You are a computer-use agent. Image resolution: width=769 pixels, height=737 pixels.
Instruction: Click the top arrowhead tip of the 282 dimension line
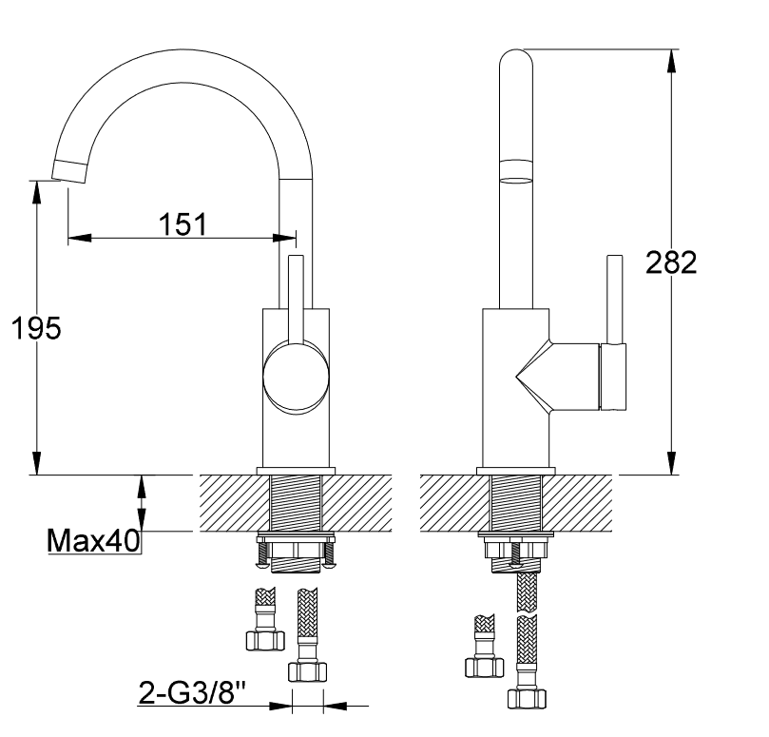[671, 49]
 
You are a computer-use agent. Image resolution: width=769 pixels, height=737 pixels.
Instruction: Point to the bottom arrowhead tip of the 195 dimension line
[36, 475]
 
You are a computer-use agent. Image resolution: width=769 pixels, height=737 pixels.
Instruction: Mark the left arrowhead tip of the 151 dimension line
[68, 238]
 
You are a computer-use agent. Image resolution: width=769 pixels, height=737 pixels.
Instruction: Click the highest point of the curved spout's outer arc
[183, 49]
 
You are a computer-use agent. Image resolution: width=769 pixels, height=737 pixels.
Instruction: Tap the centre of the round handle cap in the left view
[296, 377]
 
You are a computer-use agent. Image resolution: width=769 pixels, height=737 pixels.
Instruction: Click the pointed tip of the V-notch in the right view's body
[515, 377]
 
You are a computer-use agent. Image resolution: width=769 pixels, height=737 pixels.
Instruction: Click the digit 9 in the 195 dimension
[36, 328]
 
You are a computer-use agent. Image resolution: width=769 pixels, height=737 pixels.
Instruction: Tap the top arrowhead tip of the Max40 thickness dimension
[142, 475]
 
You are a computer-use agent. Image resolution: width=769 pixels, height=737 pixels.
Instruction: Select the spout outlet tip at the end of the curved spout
[69, 172]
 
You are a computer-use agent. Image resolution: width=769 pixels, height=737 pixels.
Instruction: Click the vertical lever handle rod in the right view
[615, 299]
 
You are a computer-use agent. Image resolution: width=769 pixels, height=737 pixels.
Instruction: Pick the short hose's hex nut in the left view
[265, 641]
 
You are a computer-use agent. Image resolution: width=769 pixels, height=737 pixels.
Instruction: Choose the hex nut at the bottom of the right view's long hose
[527, 699]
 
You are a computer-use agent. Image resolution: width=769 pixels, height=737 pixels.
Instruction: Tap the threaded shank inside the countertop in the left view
[296, 503]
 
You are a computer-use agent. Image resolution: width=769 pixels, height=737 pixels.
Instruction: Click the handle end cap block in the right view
[613, 377]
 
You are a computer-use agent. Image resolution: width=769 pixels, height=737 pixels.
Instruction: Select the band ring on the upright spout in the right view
[515, 171]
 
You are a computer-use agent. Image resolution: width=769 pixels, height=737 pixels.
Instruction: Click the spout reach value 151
[183, 224]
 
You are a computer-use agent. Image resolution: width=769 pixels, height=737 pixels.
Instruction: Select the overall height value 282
[671, 262]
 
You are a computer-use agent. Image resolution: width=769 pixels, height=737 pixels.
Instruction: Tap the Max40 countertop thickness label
[93, 541]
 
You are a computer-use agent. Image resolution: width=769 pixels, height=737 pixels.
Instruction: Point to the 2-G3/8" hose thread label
[192, 692]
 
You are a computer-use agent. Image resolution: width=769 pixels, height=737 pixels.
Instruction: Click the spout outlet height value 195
[36, 328]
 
